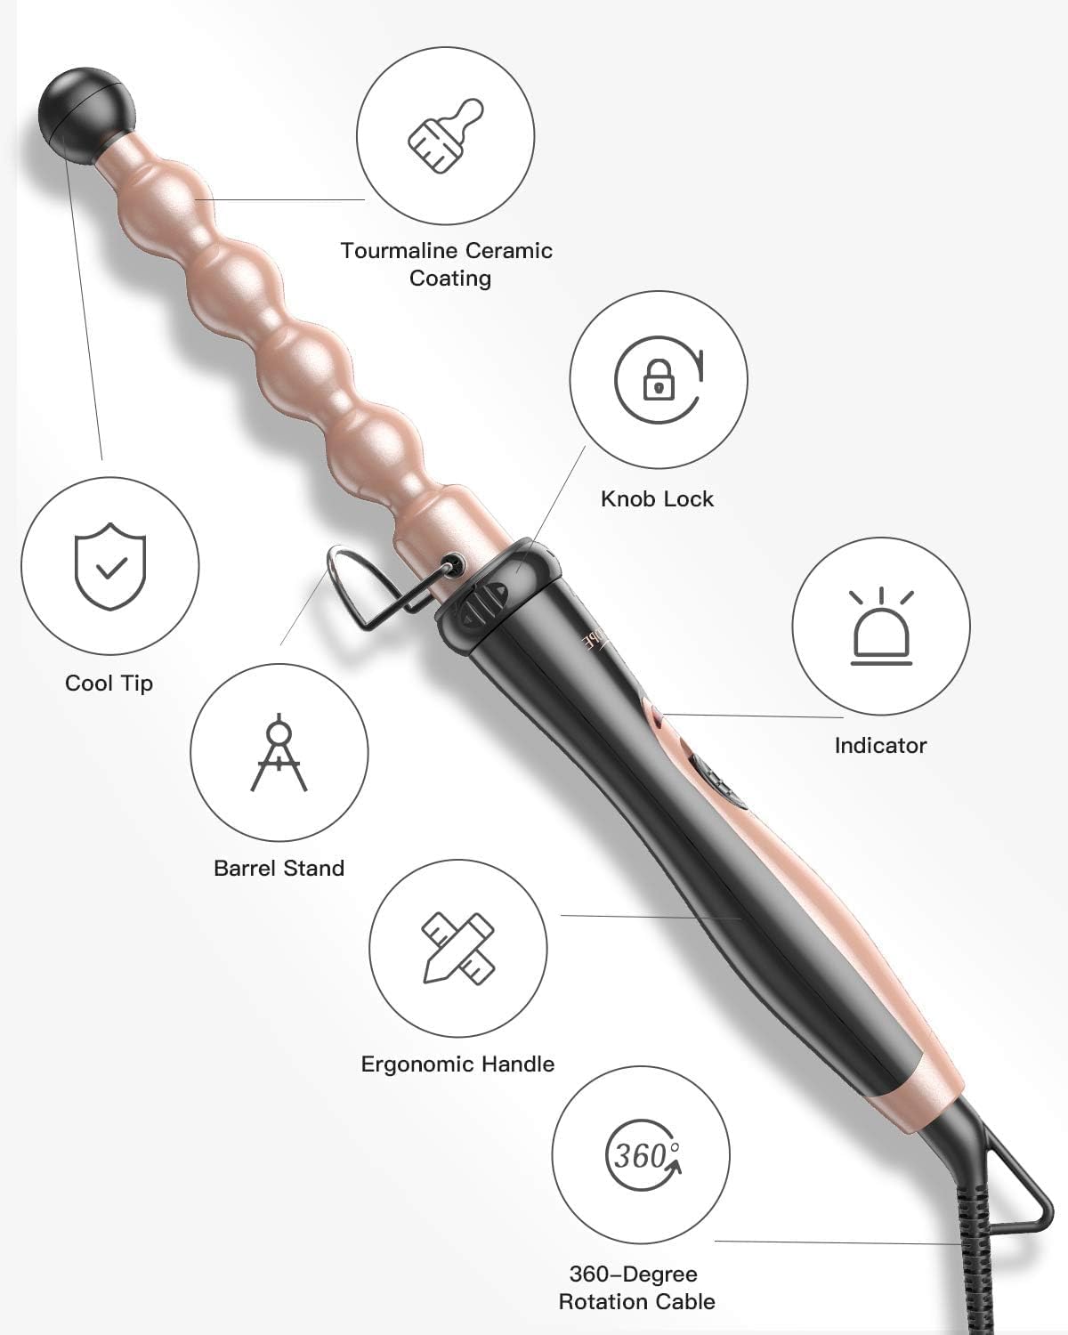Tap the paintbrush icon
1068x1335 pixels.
pos(445,135)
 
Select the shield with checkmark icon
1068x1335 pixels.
pos(109,566)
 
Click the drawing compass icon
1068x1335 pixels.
pos(279,752)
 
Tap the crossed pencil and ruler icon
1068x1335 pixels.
pos(458,947)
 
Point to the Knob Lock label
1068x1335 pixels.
pos(657,498)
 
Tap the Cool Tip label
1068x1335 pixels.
pos(109,684)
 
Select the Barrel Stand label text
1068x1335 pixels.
pos(279,868)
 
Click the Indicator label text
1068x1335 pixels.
pos(880,745)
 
